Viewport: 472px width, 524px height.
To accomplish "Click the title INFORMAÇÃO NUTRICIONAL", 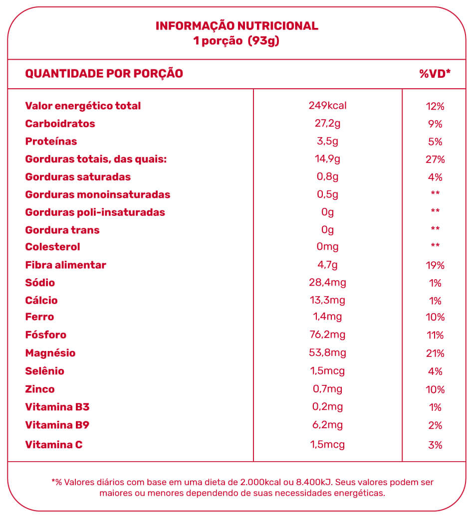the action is click(237, 26).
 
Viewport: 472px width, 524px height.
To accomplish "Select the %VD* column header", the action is click(435, 73).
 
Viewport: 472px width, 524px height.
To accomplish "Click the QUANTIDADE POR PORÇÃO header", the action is click(104, 73).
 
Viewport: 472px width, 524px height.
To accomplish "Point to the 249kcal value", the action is click(327, 106).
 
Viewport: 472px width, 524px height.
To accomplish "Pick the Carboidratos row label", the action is click(60, 124).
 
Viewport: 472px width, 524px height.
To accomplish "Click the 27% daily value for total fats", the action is click(435, 160).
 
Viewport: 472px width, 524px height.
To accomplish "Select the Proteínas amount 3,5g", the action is click(327, 142).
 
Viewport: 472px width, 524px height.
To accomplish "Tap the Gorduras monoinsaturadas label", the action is click(98, 194).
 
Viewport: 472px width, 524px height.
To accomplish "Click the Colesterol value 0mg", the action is click(327, 247).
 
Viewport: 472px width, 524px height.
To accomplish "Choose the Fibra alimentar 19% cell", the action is click(435, 265).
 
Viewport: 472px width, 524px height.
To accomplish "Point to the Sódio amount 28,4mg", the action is click(327, 283).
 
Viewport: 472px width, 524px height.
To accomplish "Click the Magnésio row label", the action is click(50, 353).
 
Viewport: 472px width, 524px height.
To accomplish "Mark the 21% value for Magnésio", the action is click(435, 353).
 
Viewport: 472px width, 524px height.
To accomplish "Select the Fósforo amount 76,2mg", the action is click(327, 335).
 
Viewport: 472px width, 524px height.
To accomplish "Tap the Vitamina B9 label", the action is click(57, 425).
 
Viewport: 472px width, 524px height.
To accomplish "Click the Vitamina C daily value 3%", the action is click(435, 445).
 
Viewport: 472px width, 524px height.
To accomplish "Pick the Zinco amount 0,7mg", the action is click(327, 389).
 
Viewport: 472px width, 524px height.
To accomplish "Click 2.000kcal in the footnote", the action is click(260, 482).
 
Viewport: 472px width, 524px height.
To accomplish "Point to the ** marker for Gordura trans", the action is click(435, 228).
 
